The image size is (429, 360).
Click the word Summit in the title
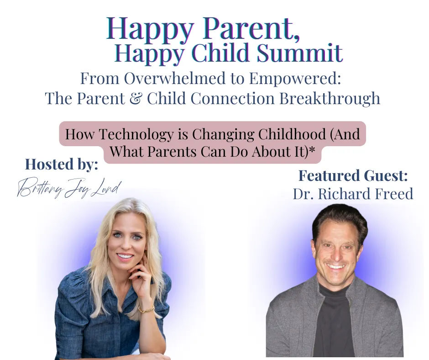coord(299,52)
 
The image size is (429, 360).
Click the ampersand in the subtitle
coord(136,98)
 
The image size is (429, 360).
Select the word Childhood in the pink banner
coord(292,134)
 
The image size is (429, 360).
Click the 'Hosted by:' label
coord(62,165)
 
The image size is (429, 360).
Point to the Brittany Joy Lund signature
coord(68,189)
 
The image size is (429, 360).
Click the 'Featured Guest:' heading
coord(353,176)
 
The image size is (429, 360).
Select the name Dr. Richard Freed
coord(353,194)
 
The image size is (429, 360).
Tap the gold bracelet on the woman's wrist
coord(146,309)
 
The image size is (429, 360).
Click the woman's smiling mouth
coord(125,257)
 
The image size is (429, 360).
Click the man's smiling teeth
coord(336,267)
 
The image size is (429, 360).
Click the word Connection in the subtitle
coord(233,99)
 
